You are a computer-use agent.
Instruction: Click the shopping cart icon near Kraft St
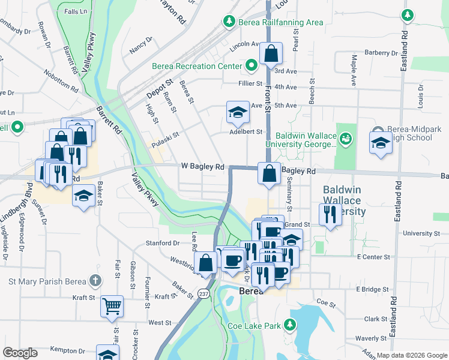pos(112,306)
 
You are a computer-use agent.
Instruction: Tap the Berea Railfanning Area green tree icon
pos(229,22)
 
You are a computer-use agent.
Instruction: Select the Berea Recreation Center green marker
pos(252,65)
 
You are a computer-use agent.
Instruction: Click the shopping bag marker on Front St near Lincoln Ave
pos(271,54)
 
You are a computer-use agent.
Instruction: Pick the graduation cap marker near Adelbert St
pos(238,112)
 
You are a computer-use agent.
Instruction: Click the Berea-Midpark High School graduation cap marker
pos(380,143)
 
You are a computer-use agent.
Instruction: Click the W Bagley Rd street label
pos(203,166)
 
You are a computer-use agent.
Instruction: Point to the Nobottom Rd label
pos(61,81)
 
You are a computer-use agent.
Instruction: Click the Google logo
pos(20,353)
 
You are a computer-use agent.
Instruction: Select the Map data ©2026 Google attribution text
pos(411,355)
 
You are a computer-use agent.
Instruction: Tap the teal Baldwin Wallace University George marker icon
pos(345,140)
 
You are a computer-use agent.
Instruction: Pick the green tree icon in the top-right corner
pos(408,14)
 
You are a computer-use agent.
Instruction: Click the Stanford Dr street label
pos(163,243)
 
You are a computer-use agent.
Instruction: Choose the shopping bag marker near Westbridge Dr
pos(206,263)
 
